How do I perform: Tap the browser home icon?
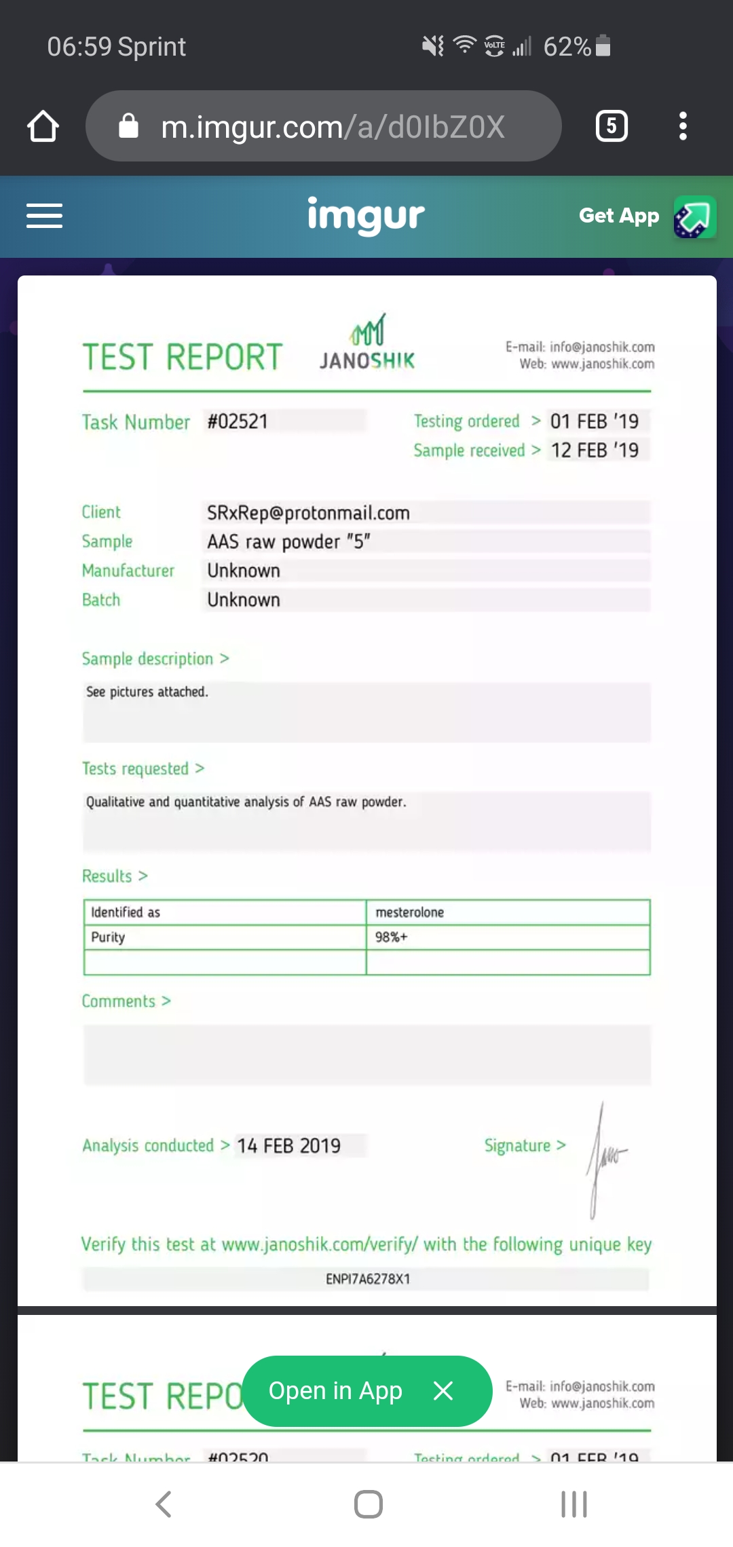point(43,126)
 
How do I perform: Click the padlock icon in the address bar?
point(128,126)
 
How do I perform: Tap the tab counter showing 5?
point(612,126)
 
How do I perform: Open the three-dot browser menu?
point(683,126)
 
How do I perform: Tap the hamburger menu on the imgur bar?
point(44,216)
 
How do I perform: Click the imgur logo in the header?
point(366,216)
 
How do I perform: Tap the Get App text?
point(618,216)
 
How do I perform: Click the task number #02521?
point(238,421)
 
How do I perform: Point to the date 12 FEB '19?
point(595,450)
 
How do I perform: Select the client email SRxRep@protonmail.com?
point(308,512)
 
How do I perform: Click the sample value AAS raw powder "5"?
point(288,541)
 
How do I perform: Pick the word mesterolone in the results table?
point(410,913)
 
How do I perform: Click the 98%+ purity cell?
point(392,937)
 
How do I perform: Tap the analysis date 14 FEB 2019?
point(288,1146)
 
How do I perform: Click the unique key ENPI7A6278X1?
point(368,1279)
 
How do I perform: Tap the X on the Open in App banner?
point(443,1391)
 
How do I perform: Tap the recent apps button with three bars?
point(574,1504)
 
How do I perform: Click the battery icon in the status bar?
point(603,45)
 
